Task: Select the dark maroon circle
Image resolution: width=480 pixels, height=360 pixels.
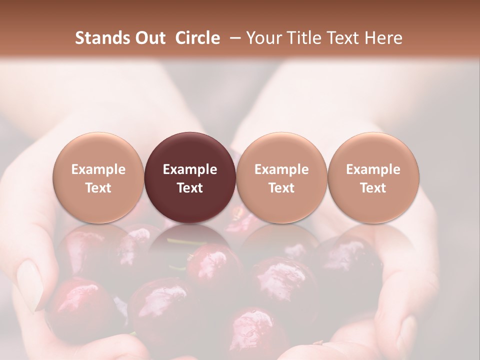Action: [190, 177]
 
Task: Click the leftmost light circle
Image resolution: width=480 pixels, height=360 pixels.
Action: [98, 177]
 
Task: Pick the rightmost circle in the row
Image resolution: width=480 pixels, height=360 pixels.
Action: [373, 177]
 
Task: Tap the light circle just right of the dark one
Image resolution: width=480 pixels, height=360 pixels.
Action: [281, 177]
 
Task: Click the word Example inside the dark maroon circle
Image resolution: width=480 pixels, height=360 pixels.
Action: [190, 169]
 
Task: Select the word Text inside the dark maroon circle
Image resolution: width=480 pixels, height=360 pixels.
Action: [190, 188]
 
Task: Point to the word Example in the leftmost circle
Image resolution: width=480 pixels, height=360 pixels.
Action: [98, 169]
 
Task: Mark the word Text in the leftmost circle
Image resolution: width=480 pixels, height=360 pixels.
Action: [98, 188]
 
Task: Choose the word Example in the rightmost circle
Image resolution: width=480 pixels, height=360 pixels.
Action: [373, 169]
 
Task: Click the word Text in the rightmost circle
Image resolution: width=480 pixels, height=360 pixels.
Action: [373, 188]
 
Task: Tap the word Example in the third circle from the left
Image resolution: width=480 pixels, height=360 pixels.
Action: [281, 169]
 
